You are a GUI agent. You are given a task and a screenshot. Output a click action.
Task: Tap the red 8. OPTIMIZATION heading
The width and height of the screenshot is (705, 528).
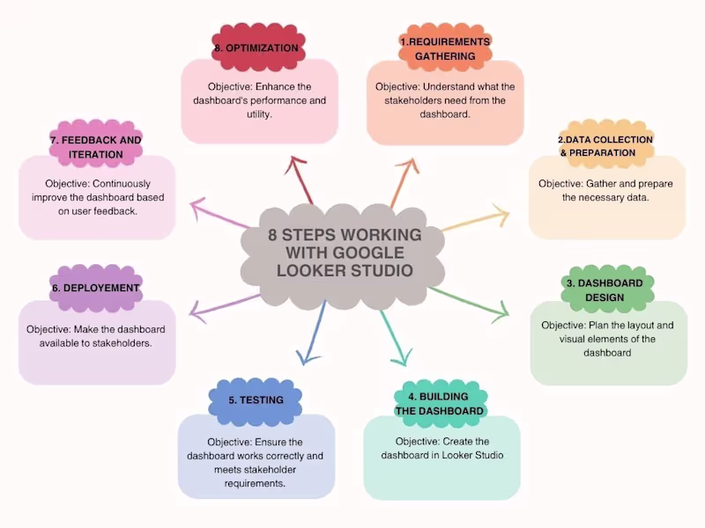[x=256, y=48]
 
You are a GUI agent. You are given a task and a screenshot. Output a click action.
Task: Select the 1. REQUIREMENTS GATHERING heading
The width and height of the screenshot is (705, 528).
[x=445, y=49]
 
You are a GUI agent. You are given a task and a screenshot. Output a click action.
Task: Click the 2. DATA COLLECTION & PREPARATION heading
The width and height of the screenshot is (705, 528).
[x=606, y=146]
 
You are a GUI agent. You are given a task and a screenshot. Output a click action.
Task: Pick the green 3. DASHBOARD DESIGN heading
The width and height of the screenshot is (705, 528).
[x=607, y=290]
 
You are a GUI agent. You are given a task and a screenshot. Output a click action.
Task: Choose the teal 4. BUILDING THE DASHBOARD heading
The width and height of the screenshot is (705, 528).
[x=439, y=404]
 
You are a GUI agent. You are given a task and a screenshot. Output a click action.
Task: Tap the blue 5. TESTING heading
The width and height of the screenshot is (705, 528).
[x=256, y=400]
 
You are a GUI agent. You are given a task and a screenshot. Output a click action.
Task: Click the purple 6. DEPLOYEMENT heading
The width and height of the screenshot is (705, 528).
[x=96, y=288]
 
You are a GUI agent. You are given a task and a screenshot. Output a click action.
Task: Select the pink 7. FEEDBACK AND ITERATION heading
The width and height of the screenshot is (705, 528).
[x=95, y=147]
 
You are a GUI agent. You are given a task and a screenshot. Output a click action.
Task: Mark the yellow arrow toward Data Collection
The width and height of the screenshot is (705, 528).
[x=476, y=220]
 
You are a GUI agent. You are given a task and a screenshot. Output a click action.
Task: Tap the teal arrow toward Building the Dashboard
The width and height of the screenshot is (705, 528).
[x=393, y=334]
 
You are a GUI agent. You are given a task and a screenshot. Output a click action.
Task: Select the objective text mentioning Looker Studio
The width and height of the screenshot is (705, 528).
[x=442, y=448]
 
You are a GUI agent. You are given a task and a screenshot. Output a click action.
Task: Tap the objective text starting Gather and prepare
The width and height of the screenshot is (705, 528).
[x=606, y=190]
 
